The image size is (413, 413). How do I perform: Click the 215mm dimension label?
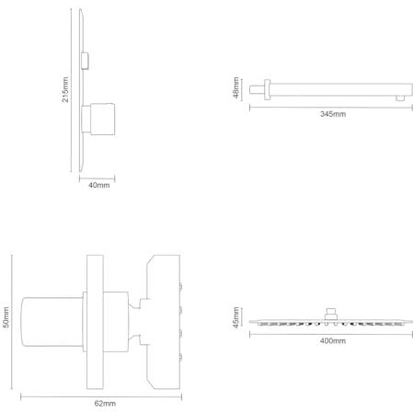click(65, 89)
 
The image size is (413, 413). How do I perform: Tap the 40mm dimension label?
click(98, 185)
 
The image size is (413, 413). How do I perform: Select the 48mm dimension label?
click(235, 87)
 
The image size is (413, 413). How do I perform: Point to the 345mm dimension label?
click(333, 114)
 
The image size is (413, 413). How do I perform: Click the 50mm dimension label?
click(6, 317)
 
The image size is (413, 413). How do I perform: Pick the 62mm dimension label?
click(105, 404)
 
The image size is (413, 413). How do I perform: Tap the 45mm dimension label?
click(235, 317)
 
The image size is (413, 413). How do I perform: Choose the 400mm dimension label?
click(333, 340)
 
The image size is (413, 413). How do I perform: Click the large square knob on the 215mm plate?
click(102, 119)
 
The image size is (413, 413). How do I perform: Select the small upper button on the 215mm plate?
click(86, 61)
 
